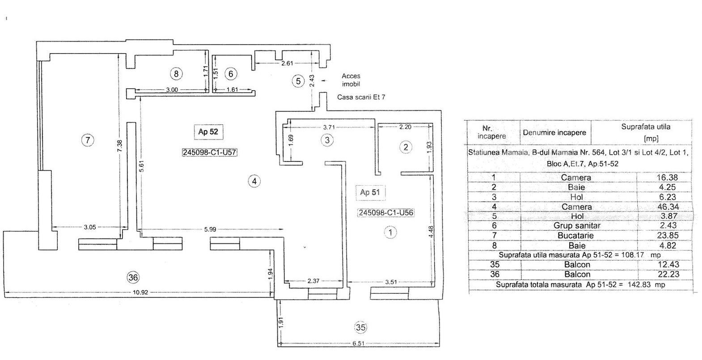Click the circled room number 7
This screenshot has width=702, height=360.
point(88,140)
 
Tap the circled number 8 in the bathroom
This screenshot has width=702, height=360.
point(176,74)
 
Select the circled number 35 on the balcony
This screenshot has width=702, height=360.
point(360,327)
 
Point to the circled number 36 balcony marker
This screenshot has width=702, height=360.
point(133,277)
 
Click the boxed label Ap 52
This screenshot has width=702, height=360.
point(208,131)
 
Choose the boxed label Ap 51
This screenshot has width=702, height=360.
point(370,192)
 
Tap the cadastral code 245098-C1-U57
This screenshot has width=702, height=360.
point(209,152)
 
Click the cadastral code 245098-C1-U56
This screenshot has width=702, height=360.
point(386,213)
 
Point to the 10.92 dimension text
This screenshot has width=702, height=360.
point(140,292)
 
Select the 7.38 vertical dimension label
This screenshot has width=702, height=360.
point(120,146)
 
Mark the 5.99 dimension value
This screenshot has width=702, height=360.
point(210,229)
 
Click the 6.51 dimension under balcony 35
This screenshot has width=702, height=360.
point(359,343)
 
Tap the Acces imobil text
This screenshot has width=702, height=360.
point(351,80)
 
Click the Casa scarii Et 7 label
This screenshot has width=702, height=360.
point(361,97)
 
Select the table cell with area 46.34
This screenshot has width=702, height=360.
point(668,207)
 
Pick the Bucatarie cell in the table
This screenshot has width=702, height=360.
point(576,235)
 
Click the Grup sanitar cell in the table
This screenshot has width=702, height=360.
point(577,225)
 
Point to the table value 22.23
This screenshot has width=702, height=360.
point(668,274)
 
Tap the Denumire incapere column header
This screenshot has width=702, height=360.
point(554,132)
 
